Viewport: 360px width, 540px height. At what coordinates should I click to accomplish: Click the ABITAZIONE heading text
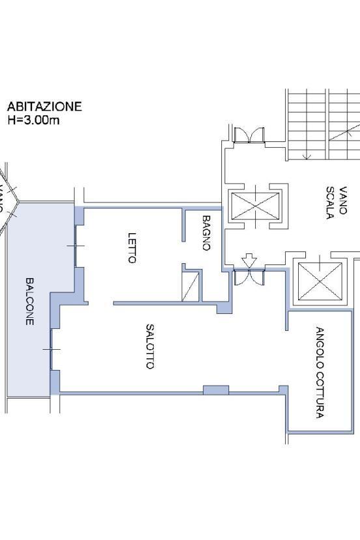(x=44, y=106)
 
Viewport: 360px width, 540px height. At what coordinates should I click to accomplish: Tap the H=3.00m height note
(x=33, y=121)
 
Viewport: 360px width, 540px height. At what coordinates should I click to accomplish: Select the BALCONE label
(x=30, y=302)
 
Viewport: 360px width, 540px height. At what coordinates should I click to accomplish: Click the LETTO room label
(x=132, y=248)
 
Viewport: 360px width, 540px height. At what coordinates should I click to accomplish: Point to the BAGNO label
(x=206, y=233)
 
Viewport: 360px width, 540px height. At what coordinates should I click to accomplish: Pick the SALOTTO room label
(x=150, y=346)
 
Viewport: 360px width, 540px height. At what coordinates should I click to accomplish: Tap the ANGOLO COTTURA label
(x=320, y=373)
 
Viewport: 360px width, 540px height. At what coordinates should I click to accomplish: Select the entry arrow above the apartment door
(x=249, y=261)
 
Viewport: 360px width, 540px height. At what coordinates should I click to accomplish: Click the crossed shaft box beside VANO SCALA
(x=255, y=206)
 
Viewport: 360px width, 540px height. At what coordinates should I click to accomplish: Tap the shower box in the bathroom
(x=191, y=287)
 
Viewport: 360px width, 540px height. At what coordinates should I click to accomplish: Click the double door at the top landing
(x=249, y=135)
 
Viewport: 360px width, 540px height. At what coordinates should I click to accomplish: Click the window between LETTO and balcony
(x=76, y=246)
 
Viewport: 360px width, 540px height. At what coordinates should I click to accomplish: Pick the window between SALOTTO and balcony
(x=51, y=350)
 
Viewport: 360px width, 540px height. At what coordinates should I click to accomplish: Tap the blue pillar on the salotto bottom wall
(x=216, y=390)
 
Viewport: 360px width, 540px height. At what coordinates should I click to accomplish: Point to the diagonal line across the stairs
(x=344, y=132)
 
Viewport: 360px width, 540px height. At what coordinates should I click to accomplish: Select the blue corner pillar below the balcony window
(x=55, y=382)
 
